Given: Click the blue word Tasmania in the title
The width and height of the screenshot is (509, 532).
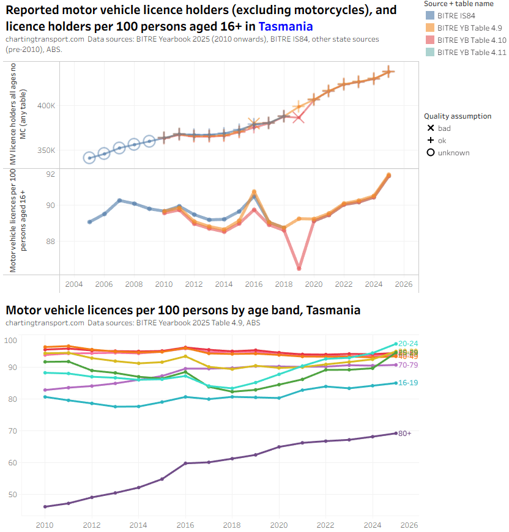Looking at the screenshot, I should coord(286,26).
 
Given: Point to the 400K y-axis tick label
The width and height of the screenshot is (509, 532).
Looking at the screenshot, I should coord(46,106).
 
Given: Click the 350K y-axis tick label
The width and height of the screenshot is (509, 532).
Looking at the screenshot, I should coord(46,150).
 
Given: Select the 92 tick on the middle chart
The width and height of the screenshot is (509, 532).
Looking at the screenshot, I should coord(51,174).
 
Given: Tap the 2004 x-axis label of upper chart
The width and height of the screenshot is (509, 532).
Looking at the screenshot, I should coord(74,285).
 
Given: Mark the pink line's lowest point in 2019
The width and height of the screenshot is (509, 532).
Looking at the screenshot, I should coord(299,268).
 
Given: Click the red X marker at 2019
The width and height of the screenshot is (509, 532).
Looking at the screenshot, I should coord(298,117).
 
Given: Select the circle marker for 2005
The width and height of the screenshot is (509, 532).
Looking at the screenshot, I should coord(89,158).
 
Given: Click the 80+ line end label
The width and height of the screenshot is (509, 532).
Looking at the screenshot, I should coord(404,434).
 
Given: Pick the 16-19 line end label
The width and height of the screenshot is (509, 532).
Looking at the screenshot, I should coord(408,383).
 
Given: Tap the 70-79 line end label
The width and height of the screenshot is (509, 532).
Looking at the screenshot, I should coord(408,365).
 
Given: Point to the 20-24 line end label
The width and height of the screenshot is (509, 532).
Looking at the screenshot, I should coord(408,344).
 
